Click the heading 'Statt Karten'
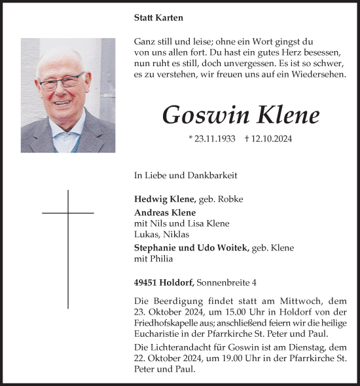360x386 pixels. pyautogui.click(x=158, y=18)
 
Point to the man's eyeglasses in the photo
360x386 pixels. pyautogui.click(x=62, y=82)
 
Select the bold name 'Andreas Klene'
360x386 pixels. pyautogui.click(x=165, y=212)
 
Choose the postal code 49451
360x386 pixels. pyautogui.click(x=148, y=282)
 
